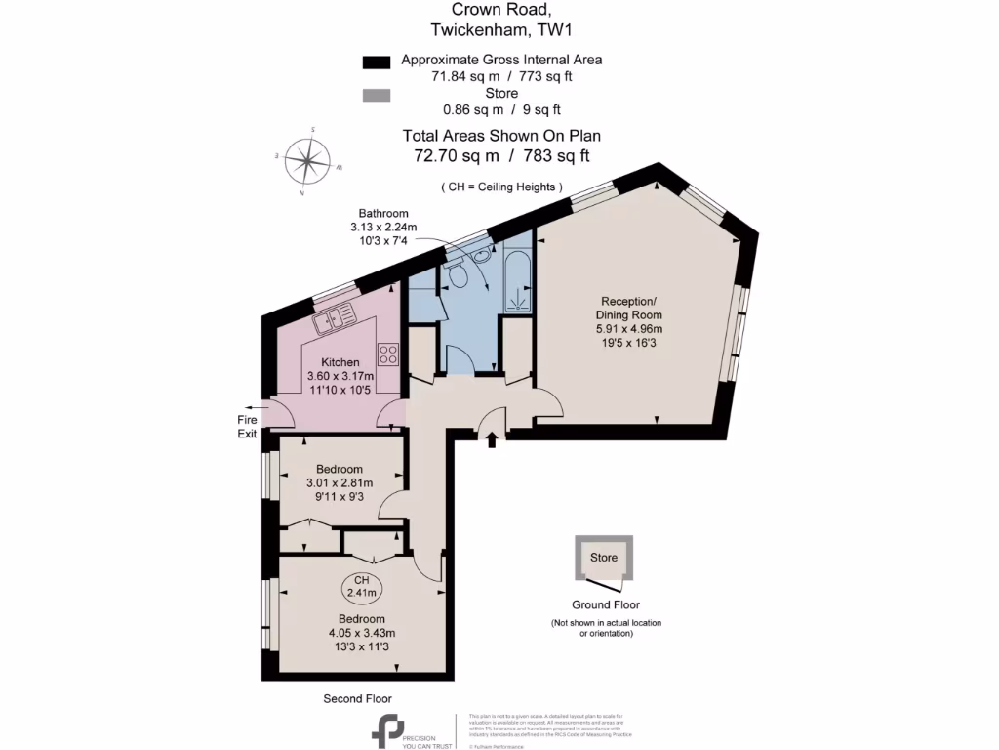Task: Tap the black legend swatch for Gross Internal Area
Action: coord(376,62)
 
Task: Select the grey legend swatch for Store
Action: coord(376,96)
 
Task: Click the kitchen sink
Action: coord(335,315)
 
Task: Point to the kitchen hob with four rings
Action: coord(387,353)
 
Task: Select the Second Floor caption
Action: coord(358,698)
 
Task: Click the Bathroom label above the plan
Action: coord(383,213)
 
